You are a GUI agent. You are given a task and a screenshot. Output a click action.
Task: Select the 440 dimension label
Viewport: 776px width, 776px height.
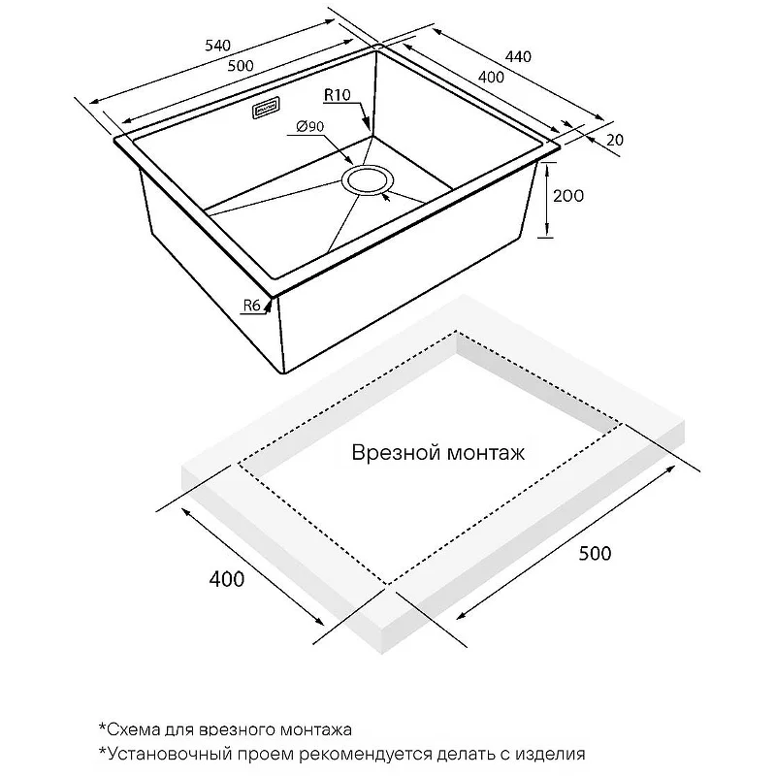click(x=519, y=57)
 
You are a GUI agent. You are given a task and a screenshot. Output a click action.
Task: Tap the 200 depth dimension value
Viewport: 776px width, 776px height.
click(x=567, y=196)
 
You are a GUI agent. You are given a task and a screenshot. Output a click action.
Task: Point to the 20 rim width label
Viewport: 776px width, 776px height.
click(x=613, y=140)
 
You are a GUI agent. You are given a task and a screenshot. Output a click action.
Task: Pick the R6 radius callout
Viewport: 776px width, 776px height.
click(x=253, y=306)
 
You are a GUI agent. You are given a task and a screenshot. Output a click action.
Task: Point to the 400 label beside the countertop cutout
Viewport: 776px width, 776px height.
click(x=225, y=580)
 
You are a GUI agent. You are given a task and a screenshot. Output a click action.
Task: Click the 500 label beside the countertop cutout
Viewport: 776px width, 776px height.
click(x=595, y=554)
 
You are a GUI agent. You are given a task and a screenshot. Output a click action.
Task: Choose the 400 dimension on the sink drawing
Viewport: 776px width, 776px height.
click(x=490, y=78)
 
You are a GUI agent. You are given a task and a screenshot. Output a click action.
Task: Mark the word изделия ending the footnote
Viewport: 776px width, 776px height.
click(x=552, y=753)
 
